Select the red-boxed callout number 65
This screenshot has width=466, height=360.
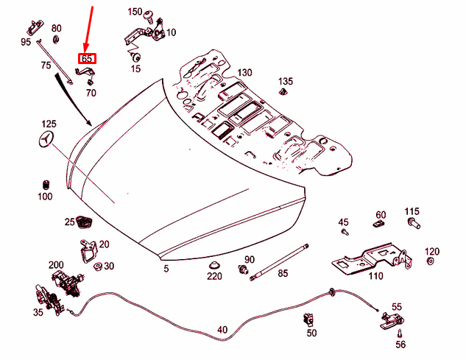click(88, 58)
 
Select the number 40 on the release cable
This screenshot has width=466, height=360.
click(222, 331)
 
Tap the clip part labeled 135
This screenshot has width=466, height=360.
click(285, 91)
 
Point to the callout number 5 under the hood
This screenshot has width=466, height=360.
click(166, 269)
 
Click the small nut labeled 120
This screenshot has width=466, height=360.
click(431, 261)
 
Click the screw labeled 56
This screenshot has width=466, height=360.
click(400, 333)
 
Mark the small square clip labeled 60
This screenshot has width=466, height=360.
click(379, 217)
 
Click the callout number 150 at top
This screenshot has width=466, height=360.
click(135, 12)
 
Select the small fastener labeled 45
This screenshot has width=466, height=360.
click(345, 231)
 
